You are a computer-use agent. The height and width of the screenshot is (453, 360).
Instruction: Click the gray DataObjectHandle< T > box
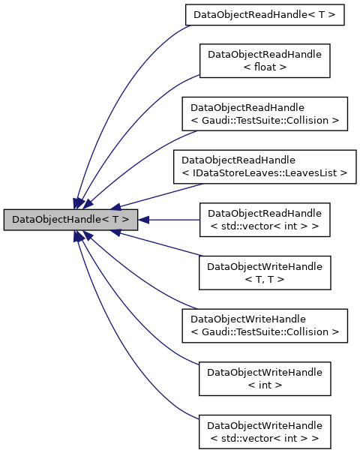(x=70, y=220)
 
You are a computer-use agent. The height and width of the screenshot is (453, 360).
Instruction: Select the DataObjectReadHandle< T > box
(x=265, y=14)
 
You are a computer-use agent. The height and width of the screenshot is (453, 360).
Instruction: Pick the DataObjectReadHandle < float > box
(x=265, y=61)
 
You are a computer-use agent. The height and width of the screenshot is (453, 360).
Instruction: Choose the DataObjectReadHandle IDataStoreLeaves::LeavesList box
(x=265, y=166)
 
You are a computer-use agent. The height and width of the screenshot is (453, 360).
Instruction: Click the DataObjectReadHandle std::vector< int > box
(x=265, y=220)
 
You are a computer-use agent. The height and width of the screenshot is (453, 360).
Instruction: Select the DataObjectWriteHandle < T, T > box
(x=265, y=272)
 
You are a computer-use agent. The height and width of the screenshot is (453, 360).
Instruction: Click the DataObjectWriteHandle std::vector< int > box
(x=265, y=431)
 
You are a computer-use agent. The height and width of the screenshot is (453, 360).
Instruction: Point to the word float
(x=265, y=67)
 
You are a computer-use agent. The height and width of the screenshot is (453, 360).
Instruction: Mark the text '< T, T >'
(x=265, y=279)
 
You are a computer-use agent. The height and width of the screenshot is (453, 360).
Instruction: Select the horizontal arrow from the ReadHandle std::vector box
(x=172, y=220)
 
